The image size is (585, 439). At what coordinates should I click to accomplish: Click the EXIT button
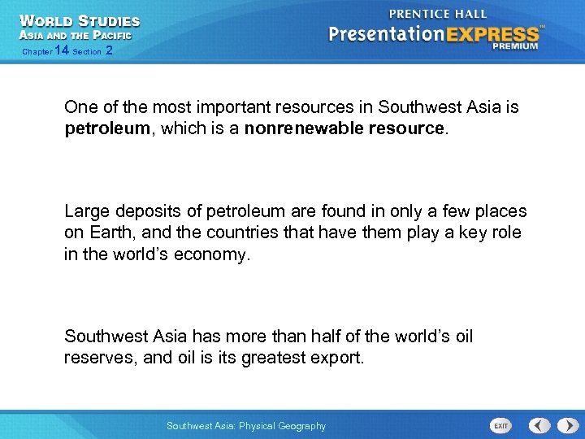coord(500,425)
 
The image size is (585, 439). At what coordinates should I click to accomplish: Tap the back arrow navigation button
coord(539,425)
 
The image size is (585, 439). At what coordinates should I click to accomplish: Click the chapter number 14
coord(62,50)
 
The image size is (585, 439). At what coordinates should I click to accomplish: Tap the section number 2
coord(110,50)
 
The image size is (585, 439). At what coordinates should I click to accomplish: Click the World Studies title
coord(80,21)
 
